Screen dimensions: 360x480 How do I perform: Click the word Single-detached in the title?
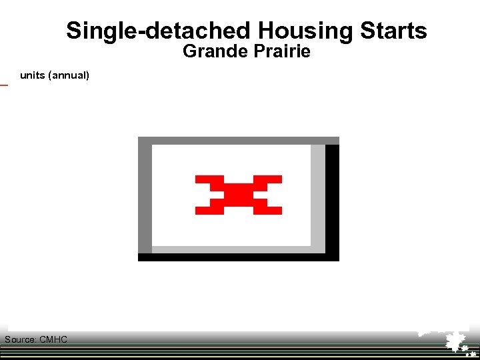click(x=158, y=31)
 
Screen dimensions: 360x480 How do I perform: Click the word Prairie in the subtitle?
click(x=281, y=51)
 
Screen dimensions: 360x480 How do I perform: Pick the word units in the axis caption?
click(x=32, y=75)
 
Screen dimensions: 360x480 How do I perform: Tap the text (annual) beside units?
click(x=68, y=75)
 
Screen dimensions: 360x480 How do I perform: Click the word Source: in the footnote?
click(x=21, y=340)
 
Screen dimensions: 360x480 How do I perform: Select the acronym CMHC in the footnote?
click(x=53, y=340)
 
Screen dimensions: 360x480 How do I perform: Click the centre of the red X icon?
click(x=239, y=195)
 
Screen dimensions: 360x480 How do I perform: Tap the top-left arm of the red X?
click(x=205, y=179)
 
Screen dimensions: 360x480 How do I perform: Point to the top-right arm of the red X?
click(x=272, y=179)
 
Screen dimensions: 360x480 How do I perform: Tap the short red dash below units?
click(x=3, y=85)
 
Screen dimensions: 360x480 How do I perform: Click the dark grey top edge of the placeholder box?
click(x=238, y=141)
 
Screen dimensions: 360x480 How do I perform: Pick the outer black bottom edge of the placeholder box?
click(x=238, y=257)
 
